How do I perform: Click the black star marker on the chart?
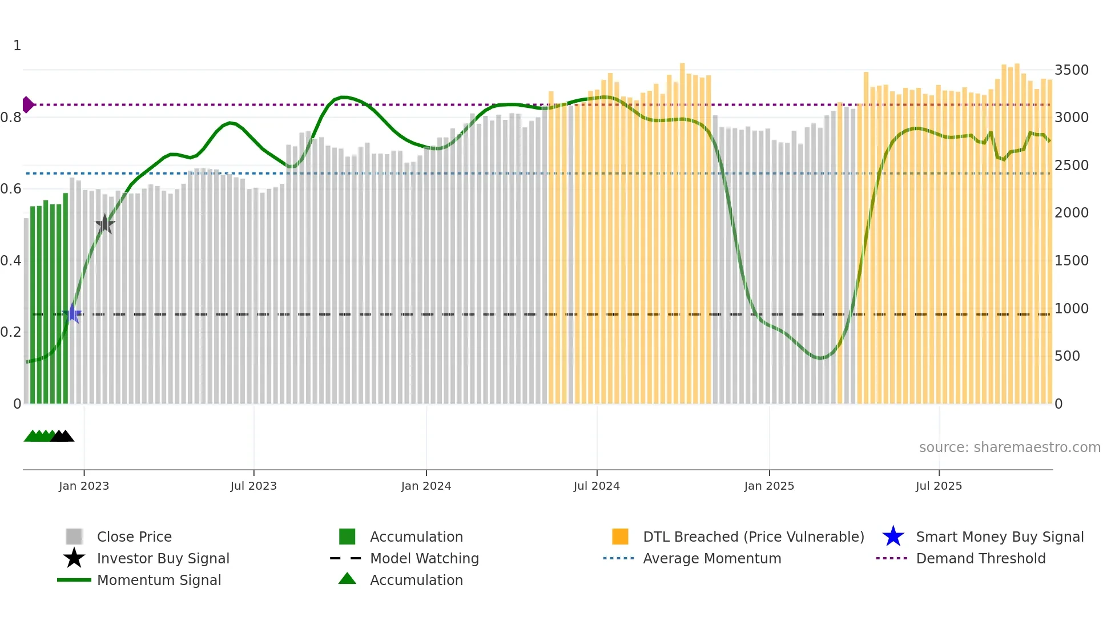tap(104, 224)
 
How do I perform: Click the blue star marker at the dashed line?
tap(73, 313)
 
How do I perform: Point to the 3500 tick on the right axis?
tap(1071, 70)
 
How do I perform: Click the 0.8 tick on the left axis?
tap(11, 118)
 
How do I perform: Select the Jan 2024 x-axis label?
tap(426, 486)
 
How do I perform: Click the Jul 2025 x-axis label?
tap(939, 486)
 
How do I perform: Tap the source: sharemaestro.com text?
tap(1009, 447)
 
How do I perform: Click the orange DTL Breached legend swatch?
tap(620, 537)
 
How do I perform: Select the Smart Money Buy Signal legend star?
tap(893, 537)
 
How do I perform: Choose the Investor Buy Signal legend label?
tap(163, 558)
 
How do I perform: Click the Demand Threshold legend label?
tap(980, 558)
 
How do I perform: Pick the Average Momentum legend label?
tap(711, 558)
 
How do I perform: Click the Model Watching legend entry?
tap(424, 558)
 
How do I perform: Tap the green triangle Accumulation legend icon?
tap(347, 579)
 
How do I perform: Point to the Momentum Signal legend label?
tap(159, 580)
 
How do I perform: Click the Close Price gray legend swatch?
tap(74, 537)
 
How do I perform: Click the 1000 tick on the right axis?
tap(1071, 308)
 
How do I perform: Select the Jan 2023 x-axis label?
tap(84, 486)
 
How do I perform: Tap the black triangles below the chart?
tap(62, 436)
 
